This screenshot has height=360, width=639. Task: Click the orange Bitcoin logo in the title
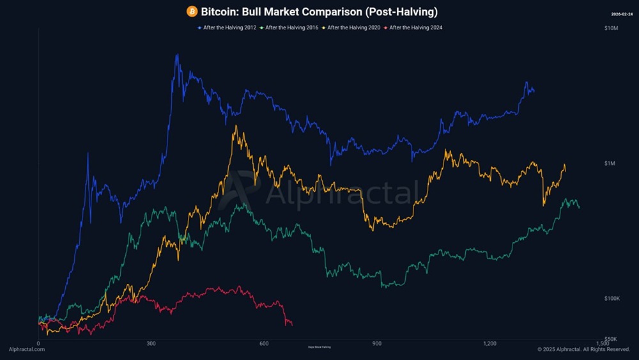192,12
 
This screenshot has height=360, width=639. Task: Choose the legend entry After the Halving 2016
291,27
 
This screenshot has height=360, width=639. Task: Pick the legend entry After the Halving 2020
353,27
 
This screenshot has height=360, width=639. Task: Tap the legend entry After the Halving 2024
415,27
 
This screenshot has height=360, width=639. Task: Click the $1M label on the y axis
610,164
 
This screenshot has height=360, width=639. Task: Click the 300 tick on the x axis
151,344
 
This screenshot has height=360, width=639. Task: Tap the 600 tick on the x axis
264,344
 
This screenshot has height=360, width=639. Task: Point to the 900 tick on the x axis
376,344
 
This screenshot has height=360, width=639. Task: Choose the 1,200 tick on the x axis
489,344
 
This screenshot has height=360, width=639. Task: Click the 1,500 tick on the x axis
602,344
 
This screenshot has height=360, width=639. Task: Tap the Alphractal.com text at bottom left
27,350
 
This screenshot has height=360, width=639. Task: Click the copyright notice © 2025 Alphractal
583,350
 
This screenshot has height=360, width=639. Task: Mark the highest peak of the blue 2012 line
176,54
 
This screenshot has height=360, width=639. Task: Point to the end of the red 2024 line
292,325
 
